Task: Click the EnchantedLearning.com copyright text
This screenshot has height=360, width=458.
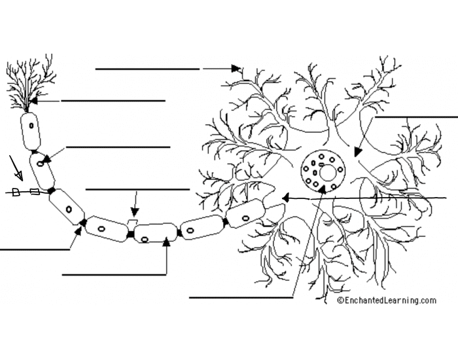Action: [386, 300]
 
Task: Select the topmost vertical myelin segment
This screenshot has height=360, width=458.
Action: [30, 132]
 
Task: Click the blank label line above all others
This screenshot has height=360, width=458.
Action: [147, 68]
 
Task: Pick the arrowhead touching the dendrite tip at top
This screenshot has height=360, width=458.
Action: [237, 68]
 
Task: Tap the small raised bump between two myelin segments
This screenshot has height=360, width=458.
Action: [132, 223]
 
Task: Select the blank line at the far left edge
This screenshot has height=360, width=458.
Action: [33, 249]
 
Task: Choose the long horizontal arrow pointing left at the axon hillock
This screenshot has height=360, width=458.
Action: [366, 197]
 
